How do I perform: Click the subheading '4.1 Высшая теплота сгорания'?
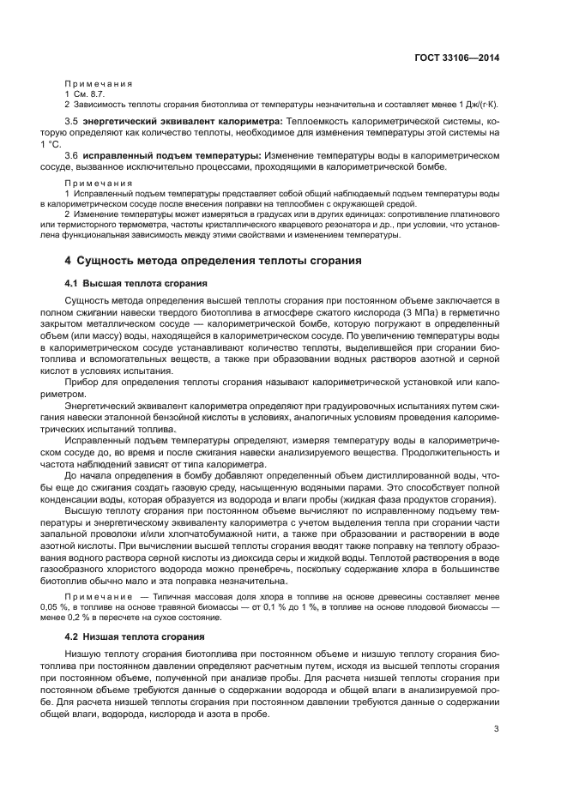130,283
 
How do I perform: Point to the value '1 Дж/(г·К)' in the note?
474,104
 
